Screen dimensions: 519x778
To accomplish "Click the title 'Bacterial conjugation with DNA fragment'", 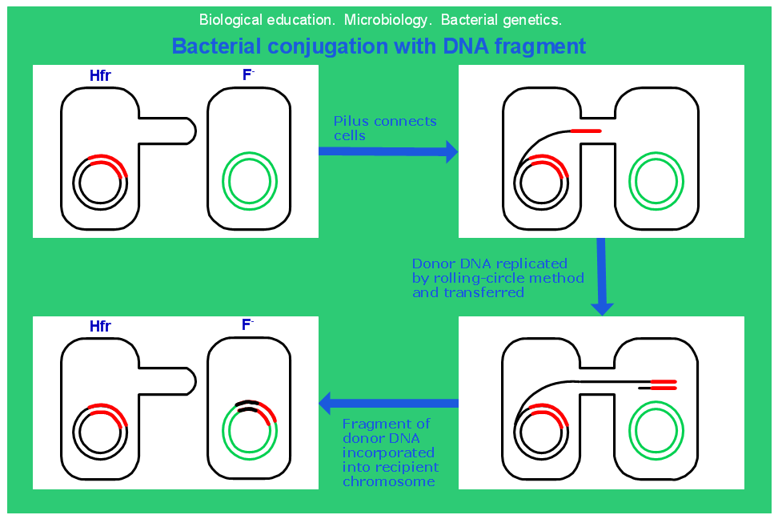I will tap(379, 46).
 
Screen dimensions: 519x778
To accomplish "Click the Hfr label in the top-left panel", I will tap(100, 77).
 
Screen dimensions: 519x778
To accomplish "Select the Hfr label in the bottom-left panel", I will tap(100, 327).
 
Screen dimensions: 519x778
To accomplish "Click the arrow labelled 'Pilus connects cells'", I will tap(388, 151).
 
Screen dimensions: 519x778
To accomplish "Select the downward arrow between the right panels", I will tap(602, 276).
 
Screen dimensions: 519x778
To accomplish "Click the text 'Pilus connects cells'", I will tap(385, 128).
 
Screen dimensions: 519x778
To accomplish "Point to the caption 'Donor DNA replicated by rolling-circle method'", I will tap(497, 278).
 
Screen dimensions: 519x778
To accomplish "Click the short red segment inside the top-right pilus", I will tap(585, 131).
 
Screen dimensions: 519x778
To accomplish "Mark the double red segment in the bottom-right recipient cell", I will tap(664, 384).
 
